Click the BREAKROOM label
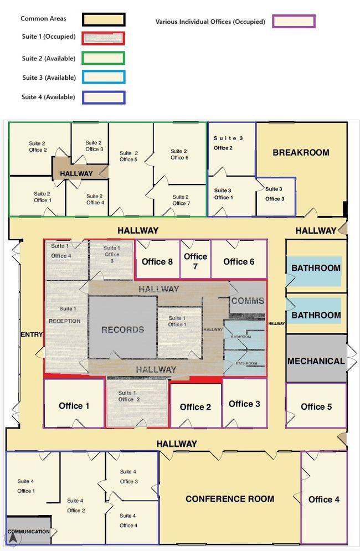pos(301,152)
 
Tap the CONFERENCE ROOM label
pos(230,498)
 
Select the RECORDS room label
pos(123,329)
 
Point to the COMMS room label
pos(248,301)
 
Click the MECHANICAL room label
pos(316,361)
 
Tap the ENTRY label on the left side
pos(32,334)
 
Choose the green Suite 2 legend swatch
pos(104,58)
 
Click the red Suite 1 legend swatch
pos(104,38)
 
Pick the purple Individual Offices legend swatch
pos(294,21)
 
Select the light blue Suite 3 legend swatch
pos(104,78)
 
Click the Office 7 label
pos(196,261)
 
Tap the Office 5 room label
pos(316,406)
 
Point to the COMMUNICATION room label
pos(29,531)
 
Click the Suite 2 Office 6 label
pos(179,155)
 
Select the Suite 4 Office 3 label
pos(128,476)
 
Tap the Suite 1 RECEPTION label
pos(65,315)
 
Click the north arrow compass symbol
pos(13,538)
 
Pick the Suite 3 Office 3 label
pos(275,194)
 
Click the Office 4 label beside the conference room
pos(324,499)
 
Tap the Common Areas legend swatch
pos(104,20)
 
